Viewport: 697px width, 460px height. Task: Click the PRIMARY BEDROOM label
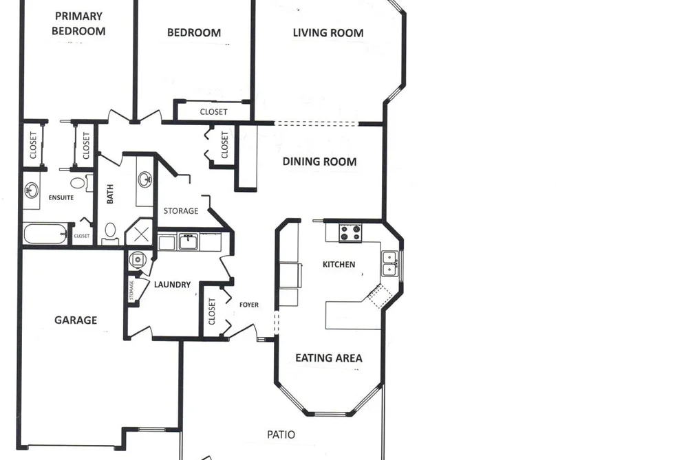(x=78, y=23)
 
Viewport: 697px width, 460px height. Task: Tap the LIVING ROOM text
(x=328, y=33)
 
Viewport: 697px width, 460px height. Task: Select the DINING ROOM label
(x=320, y=162)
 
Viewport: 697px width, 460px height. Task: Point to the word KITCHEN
(x=339, y=265)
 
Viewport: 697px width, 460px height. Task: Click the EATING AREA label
(x=329, y=358)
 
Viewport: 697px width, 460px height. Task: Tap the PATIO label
(x=281, y=435)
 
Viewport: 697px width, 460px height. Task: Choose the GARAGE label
(x=76, y=320)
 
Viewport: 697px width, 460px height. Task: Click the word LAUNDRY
(x=173, y=285)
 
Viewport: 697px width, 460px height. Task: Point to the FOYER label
(x=249, y=305)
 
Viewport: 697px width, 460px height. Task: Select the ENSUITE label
(x=61, y=197)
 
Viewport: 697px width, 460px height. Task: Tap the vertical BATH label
(x=110, y=194)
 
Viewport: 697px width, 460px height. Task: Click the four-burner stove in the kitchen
(x=350, y=233)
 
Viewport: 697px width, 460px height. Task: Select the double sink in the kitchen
(x=389, y=264)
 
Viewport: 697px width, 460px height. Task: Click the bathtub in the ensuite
(x=45, y=234)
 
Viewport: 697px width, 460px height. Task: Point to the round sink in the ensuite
(x=31, y=190)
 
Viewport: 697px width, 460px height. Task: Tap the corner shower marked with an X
(x=140, y=232)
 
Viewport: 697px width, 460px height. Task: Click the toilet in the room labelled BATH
(x=110, y=232)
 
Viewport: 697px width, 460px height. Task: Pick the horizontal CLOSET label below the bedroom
(x=214, y=112)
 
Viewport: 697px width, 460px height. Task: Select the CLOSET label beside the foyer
(x=212, y=311)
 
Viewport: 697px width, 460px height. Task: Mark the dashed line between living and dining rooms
(x=316, y=124)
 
